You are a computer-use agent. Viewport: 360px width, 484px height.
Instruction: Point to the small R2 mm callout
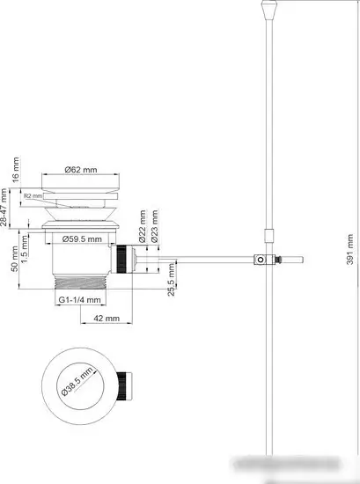(x=32, y=195)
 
